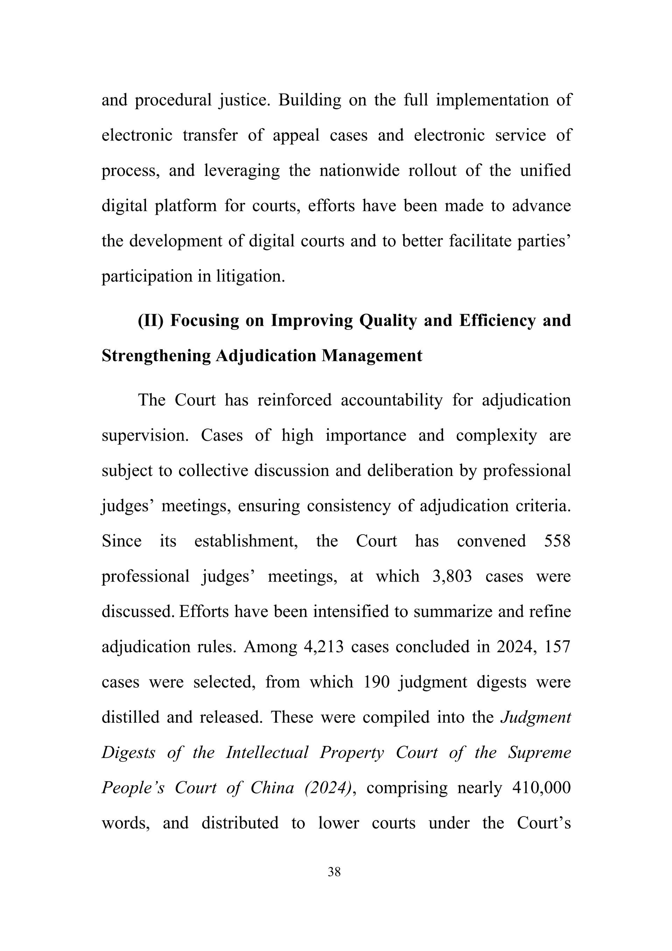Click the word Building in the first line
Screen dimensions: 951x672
click(x=309, y=100)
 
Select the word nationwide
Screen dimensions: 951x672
click(x=359, y=171)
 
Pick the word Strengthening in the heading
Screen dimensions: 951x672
click(x=156, y=356)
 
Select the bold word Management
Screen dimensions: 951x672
click(x=372, y=356)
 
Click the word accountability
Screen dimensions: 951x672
click(x=391, y=400)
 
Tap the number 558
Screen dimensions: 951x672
click(x=558, y=541)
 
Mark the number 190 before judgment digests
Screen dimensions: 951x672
click(x=377, y=682)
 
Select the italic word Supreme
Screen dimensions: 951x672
click(x=540, y=752)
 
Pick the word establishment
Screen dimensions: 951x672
click(x=246, y=541)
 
